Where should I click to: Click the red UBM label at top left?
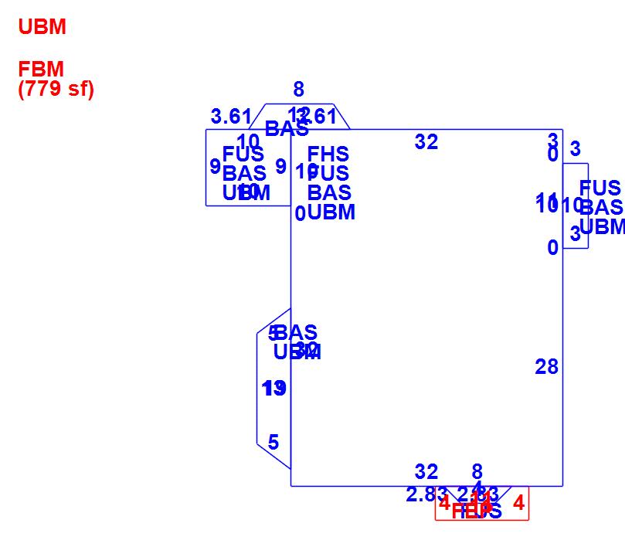click(x=42, y=27)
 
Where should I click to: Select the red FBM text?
click(x=41, y=70)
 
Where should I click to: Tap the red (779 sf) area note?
click(x=56, y=89)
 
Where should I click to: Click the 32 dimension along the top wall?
click(x=426, y=142)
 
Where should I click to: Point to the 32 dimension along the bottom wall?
click(x=426, y=472)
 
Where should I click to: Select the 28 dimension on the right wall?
click(x=546, y=367)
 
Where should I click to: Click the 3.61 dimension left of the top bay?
click(x=230, y=117)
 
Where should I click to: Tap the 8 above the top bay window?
click(x=299, y=90)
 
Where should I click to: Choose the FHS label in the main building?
click(x=328, y=155)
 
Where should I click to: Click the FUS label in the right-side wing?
click(x=600, y=188)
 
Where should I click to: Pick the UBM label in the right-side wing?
click(x=602, y=226)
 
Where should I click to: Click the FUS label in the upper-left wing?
click(x=243, y=155)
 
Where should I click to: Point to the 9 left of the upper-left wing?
click(x=215, y=167)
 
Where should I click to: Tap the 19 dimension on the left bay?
click(x=274, y=389)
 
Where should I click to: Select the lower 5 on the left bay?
click(x=273, y=443)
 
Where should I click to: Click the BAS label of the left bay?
click(x=297, y=333)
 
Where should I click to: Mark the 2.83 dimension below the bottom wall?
click(x=426, y=495)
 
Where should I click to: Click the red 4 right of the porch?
click(x=518, y=504)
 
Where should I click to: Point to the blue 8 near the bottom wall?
click(x=477, y=472)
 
